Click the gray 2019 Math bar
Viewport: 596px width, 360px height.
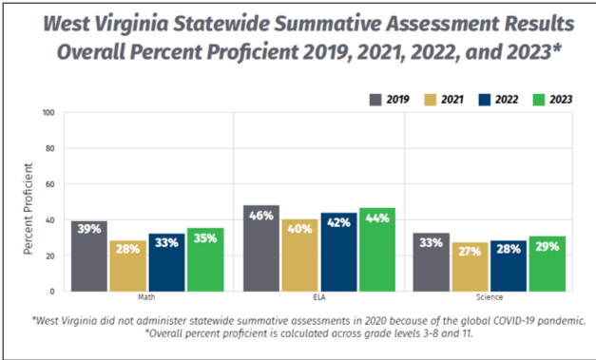89,256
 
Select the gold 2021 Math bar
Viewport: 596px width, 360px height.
127,266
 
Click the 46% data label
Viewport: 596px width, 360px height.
261,217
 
